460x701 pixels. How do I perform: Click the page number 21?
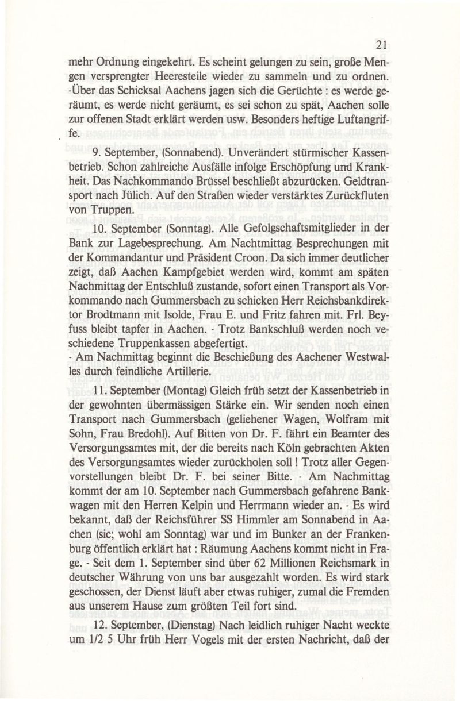point(379,45)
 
